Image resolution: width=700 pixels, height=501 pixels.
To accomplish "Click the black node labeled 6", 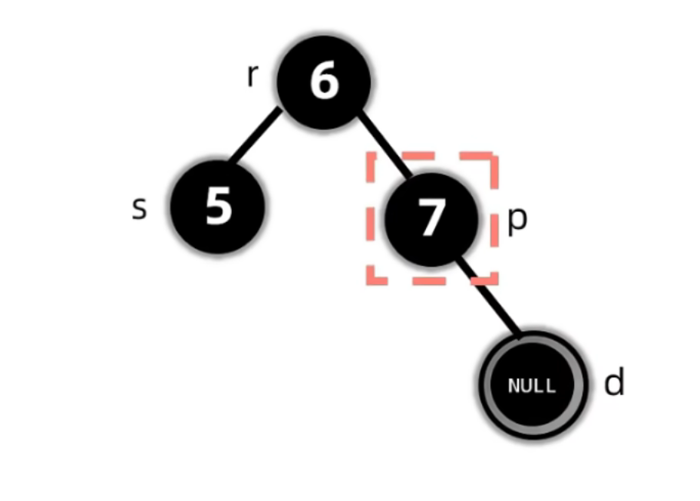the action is (x=323, y=82).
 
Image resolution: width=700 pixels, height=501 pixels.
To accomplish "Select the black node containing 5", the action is (x=217, y=207).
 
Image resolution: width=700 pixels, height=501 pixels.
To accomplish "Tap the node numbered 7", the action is (x=430, y=218).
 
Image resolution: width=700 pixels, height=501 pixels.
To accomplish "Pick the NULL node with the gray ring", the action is (x=532, y=384).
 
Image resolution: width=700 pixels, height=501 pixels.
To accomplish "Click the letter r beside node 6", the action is (x=251, y=77).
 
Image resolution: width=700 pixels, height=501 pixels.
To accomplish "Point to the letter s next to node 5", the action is (x=139, y=207).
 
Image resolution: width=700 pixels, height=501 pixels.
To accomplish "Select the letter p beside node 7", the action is (x=518, y=220).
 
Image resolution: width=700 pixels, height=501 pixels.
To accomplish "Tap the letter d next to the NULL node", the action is (x=614, y=382).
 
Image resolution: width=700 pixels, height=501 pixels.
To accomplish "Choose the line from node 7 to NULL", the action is (x=489, y=297).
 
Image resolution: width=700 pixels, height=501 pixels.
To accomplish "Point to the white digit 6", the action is (x=324, y=82).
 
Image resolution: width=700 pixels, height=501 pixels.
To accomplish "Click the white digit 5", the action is (x=218, y=207).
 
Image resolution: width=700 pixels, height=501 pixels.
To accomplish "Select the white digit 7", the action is (x=431, y=219).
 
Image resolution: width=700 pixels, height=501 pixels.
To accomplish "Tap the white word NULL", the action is (x=532, y=385).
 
